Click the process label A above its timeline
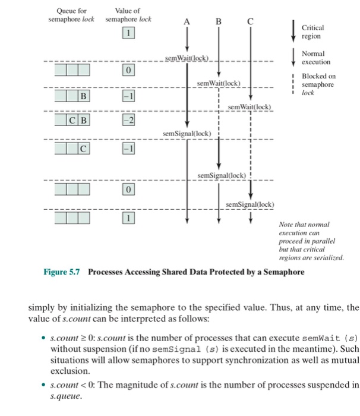[188, 23]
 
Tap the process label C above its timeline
[250, 23]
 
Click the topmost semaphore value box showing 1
[127, 33]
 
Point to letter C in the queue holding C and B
[70, 121]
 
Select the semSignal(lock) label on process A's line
[187, 133]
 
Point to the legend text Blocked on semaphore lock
[318, 84]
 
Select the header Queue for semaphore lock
[71, 15]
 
